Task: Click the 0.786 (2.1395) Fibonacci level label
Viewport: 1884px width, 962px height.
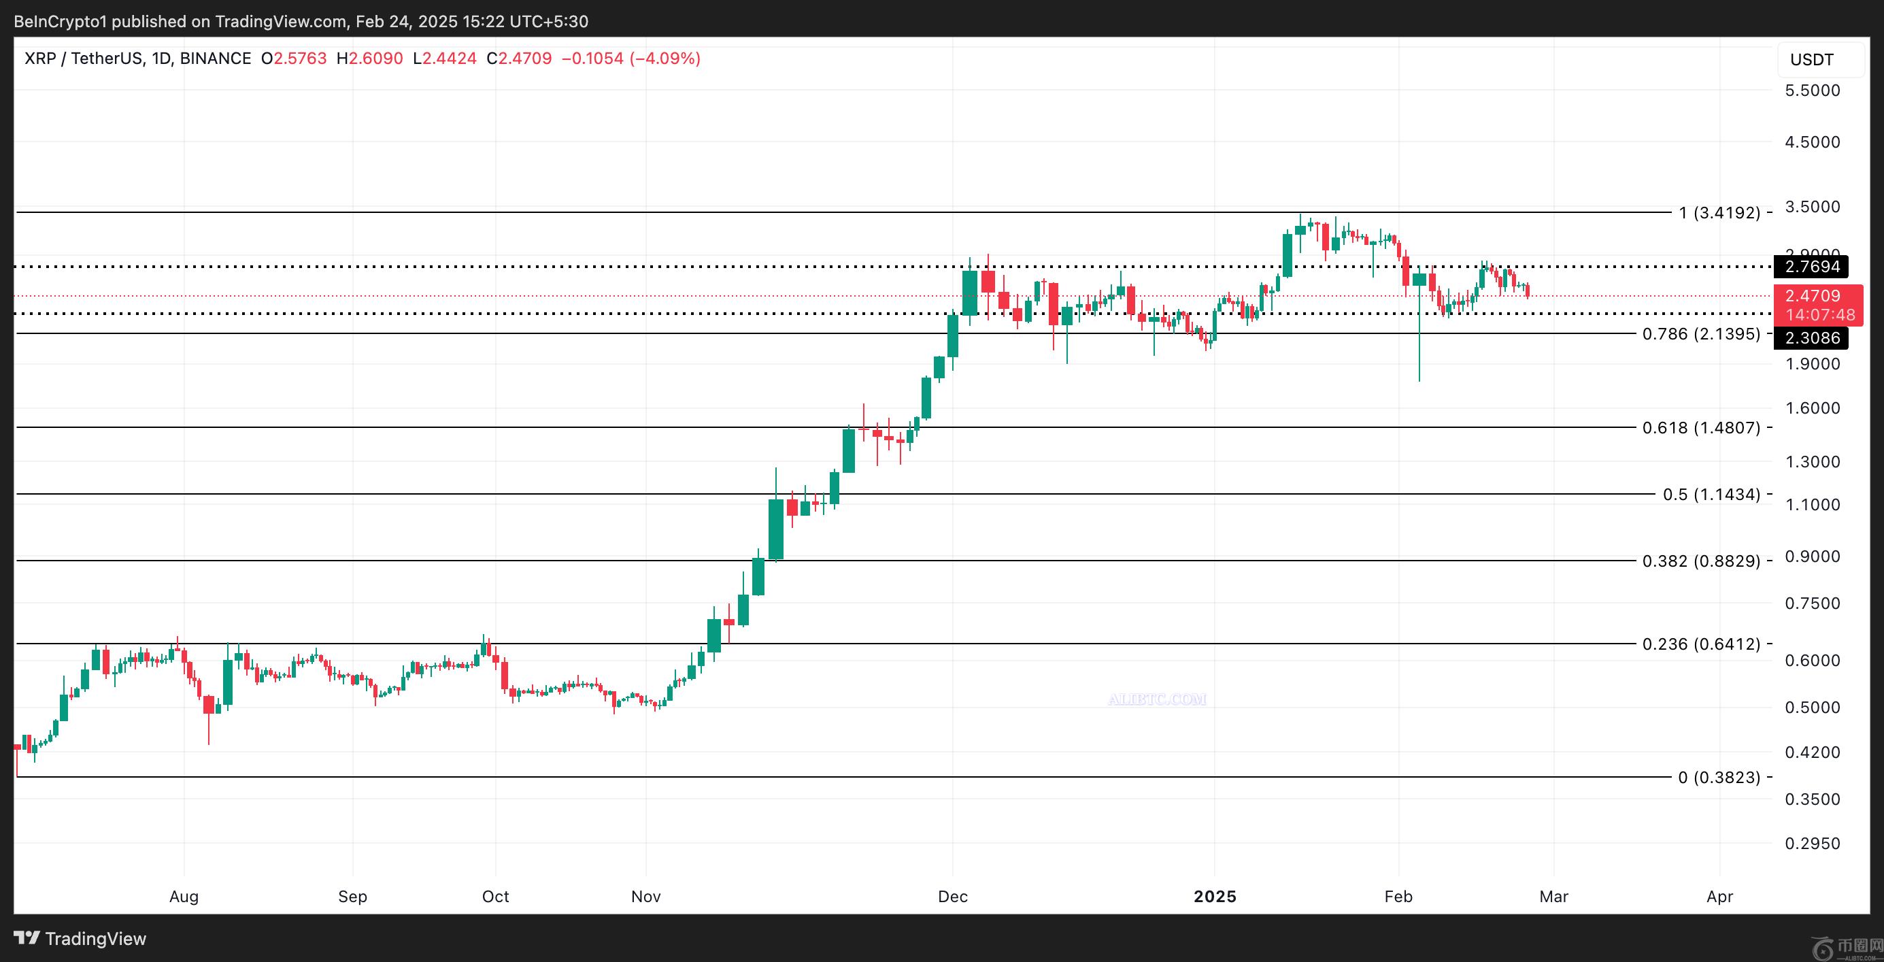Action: click(x=1701, y=334)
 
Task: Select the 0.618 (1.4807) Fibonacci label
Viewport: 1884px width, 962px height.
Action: click(x=1701, y=428)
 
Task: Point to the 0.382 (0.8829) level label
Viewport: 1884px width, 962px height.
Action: click(x=1701, y=561)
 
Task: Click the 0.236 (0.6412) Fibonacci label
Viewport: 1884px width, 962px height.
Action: click(x=1701, y=644)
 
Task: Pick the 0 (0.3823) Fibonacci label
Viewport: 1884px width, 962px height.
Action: click(x=1719, y=778)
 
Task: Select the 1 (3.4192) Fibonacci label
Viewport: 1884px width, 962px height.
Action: click(x=1719, y=213)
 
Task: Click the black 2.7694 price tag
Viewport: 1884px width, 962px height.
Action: click(x=1813, y=266)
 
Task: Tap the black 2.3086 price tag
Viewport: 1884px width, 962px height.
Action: click(x=1813, y=338)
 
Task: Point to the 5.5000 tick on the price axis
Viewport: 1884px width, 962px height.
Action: click(x=1813, y=90)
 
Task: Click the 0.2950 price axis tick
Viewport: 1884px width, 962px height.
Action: click(x=1813, y=844)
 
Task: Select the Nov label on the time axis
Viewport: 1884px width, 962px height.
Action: click(x=645, y=897)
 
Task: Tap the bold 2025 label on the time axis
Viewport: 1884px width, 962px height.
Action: click(x=1215, y=897)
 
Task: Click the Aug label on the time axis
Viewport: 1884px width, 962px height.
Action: click(x=184, y=897)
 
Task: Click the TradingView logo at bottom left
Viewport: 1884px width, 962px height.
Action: click(x=80, y=939)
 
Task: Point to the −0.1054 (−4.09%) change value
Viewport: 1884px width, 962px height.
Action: click(x=630, y=59)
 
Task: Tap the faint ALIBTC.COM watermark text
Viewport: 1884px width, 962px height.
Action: click(x=1157, y=699)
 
